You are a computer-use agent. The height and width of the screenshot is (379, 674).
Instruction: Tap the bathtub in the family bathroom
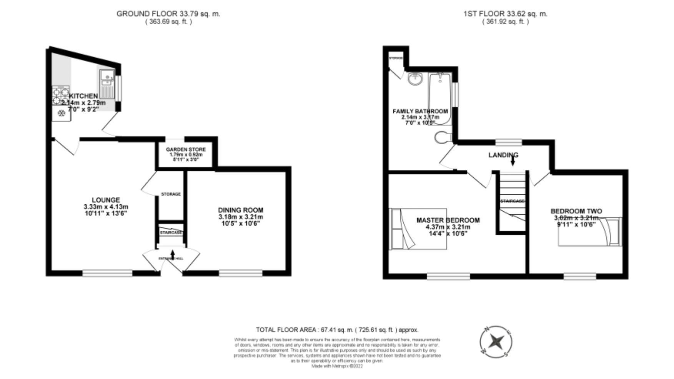pos(441,98)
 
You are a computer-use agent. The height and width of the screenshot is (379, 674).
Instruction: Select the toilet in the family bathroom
pos(444,137)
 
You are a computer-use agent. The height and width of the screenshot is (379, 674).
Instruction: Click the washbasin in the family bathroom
pos(415,79)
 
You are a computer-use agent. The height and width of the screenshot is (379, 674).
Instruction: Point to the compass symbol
pos(496,341)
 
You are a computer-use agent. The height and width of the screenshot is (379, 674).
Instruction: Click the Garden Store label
pos(186,150)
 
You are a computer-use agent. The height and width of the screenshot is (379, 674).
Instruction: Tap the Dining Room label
pos(241,210)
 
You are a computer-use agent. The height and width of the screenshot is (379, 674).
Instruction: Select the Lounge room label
pos(106,200)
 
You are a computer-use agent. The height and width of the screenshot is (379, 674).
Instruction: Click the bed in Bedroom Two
pos(589,232)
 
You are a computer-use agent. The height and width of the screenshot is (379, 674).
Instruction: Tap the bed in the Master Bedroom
pos(418,229)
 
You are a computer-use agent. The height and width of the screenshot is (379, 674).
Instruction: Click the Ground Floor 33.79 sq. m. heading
pos(168,14)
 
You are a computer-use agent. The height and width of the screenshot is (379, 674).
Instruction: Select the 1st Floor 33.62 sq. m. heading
pos(506,14)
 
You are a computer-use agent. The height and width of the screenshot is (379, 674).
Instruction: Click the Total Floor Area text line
pos(337,330)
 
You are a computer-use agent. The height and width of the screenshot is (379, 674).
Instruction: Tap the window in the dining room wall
pos(241,273)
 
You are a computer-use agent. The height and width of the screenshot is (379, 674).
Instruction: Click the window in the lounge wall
pos(107,273)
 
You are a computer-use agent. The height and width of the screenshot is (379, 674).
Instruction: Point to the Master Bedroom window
pos(448,276)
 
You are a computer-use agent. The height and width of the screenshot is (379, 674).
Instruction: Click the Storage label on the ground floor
pos(171,194)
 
